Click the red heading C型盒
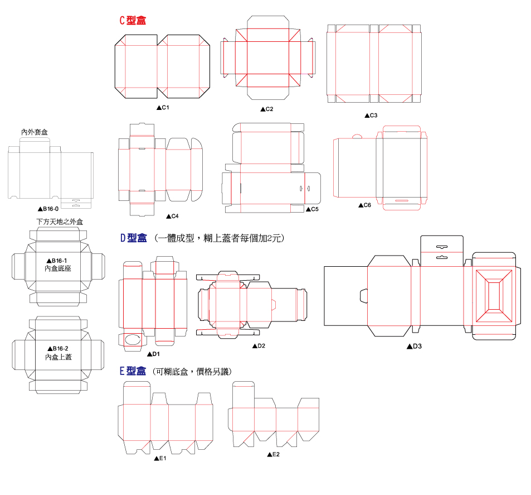(133, 21)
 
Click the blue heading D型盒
(134, 238)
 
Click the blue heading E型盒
(133, 371)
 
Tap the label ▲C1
(163, 107)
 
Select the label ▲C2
(267, 109)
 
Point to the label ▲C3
(371, 116)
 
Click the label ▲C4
(172, 216)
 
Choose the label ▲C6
(364, 205)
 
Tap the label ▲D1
(153, 354)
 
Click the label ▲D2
(259, 346)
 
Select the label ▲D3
(414, 346)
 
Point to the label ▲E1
(160, 458)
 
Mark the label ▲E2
(273, 455)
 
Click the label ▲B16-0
(48, 209)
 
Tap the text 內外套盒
(35, 132)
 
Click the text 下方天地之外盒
(60, 222)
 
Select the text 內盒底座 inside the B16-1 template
(59, 268)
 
